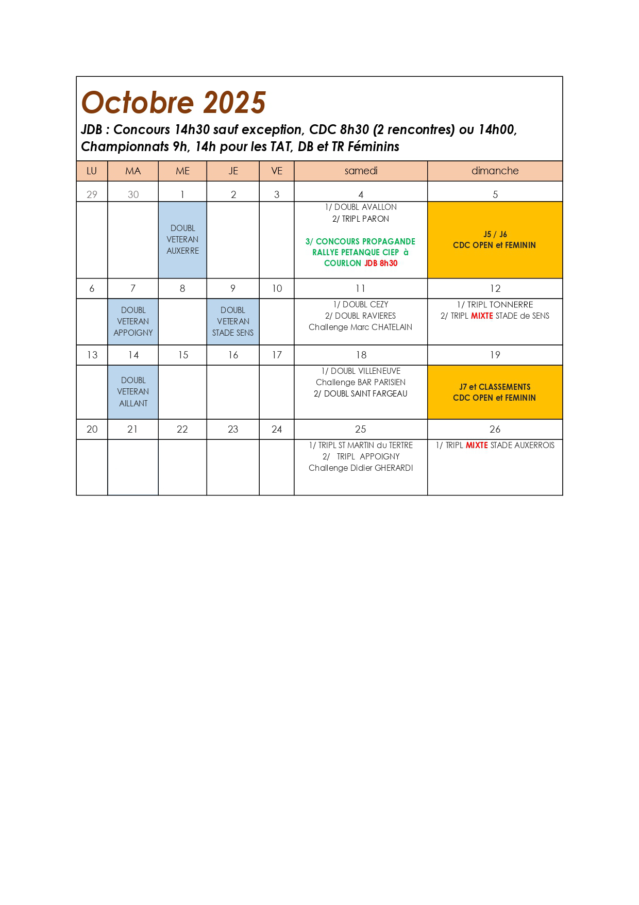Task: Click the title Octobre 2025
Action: point(173,103)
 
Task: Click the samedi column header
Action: point(361,171)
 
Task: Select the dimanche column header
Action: point(495,171)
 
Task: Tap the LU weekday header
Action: point(92,171)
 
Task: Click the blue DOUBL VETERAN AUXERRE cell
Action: point(182,240)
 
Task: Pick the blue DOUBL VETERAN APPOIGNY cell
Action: point(133,321)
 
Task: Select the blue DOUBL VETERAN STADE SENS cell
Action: point(233,321)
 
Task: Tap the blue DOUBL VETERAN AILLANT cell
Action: point(133,392)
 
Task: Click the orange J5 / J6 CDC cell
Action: point(495,240)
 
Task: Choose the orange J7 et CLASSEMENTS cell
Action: point(495,392)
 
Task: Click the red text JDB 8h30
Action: point(381,263)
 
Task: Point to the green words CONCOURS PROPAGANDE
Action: point(365,241)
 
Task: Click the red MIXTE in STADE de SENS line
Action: point(482,316)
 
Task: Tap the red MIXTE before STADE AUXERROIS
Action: point(477,445)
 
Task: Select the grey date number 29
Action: point(92,194)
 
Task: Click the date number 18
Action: point(361,355)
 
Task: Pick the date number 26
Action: point(495,429)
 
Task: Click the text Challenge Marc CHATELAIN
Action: point(360,327)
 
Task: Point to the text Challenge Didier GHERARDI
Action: point(361,468)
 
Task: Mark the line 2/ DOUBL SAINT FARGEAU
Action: point(360,393)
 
